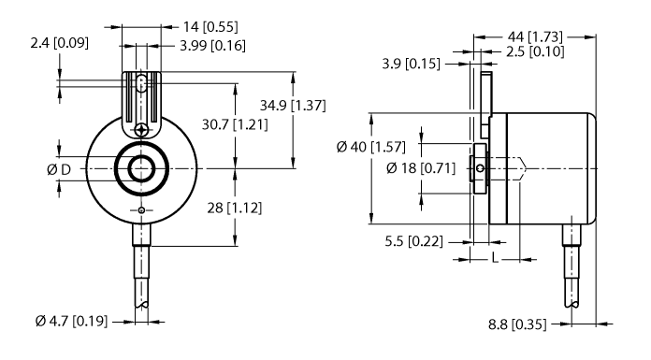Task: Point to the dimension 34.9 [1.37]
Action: (x=293, y=106)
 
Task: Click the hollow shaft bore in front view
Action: (x=141, y=168)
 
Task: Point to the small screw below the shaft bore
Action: (x=141, y=210)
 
